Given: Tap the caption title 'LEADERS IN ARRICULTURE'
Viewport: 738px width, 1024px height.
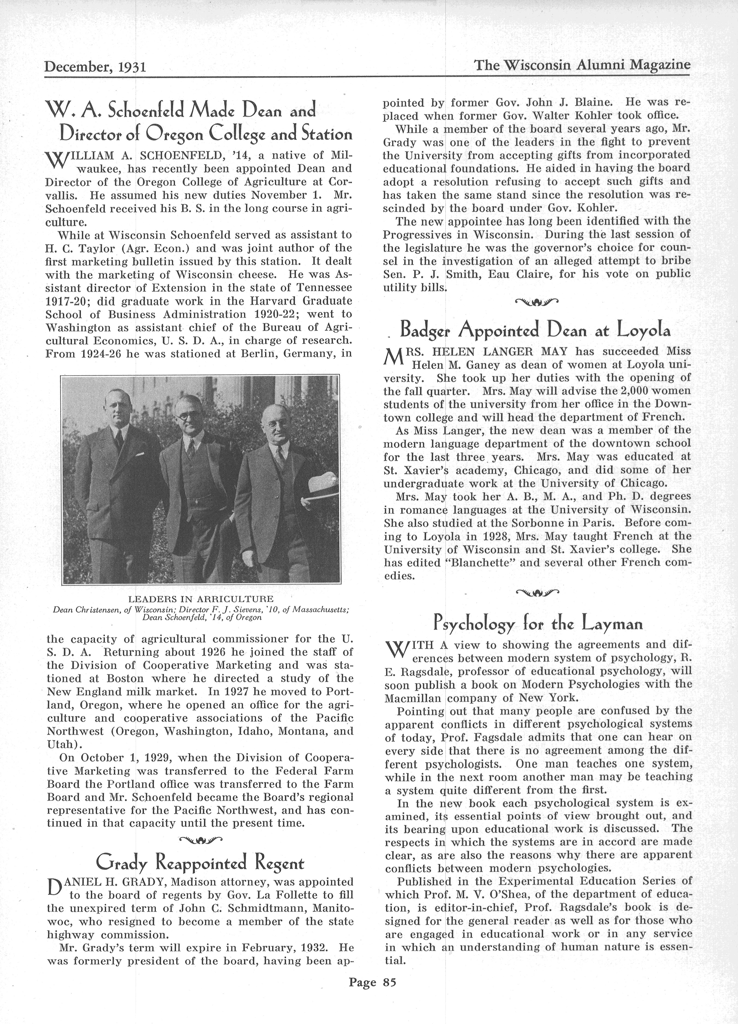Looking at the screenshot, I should pyautogui.click(x=201, y=599).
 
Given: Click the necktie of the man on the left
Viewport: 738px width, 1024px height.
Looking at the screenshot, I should pyautogui.click(x=119, y=438).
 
